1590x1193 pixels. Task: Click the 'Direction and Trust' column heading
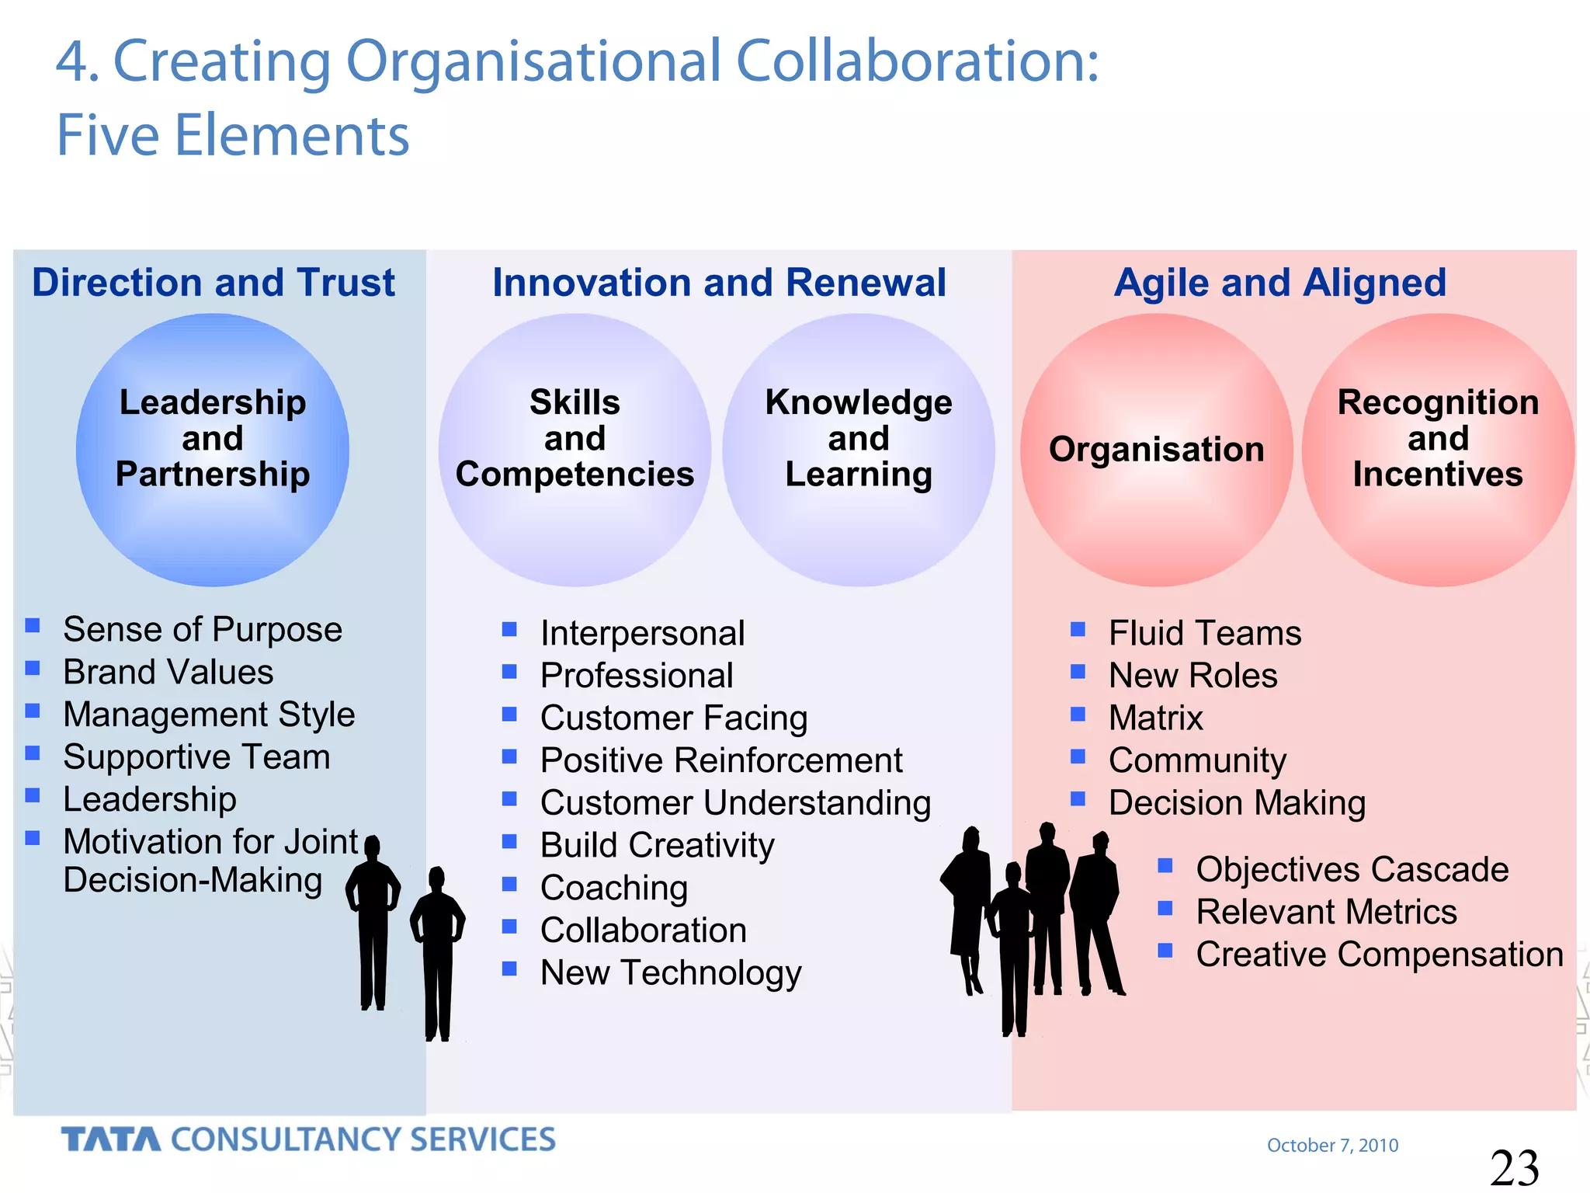click(x=214, y=283)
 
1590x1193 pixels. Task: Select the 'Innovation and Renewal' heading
click(x=719, y=283)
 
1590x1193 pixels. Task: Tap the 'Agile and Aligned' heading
click(x=1279, y=283)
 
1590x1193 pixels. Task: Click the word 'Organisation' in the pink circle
click(x=1156, y=450)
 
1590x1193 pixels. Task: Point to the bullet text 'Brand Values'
click(x=168, y=673)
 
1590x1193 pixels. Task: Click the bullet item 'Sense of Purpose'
click(x=203, y=630)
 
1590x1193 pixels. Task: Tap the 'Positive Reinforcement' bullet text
click(x=721, y=760)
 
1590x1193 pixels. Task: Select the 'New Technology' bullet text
click(x=671, y=972)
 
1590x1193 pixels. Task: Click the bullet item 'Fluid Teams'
click(x=1205, y=633)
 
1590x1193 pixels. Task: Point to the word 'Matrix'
click(x=1155, y=718)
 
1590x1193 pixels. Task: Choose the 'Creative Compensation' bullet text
click(x=1380, y=955)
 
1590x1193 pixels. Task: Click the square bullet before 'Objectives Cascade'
click(x=1165, y=865)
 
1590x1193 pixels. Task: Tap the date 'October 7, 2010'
click(x=1332, y=1145)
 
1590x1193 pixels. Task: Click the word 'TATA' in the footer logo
click(x=111, y=1139)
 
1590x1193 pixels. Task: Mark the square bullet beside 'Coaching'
click(x=509, y=884)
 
